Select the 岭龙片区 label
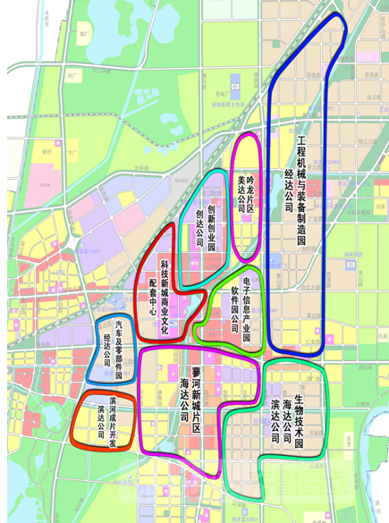[x=251, y=190]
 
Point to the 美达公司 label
[x=240, y=190]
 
